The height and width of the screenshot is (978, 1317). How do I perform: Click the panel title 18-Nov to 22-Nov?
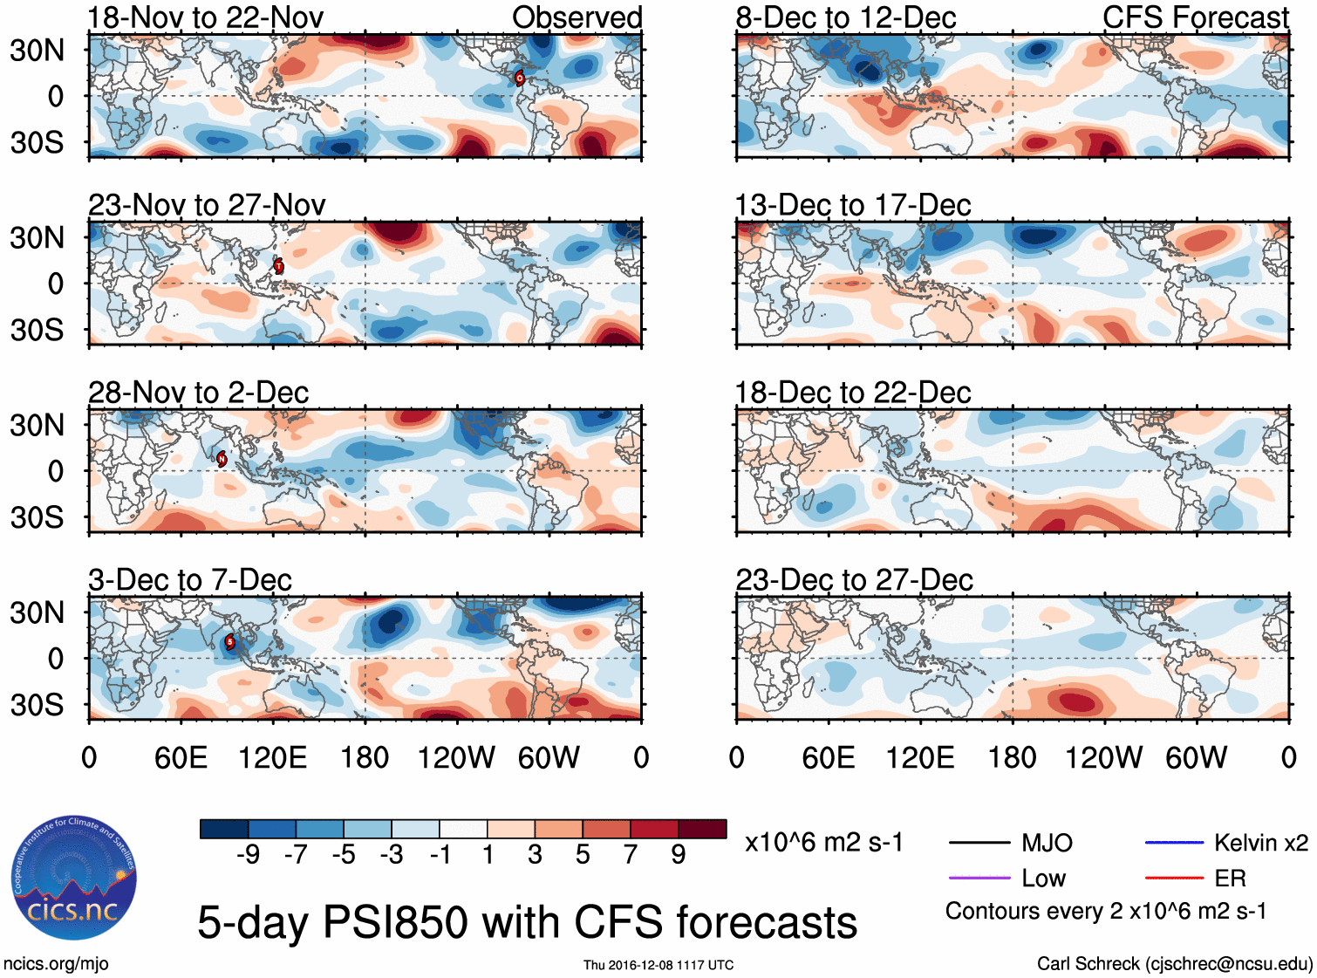pos(206,17)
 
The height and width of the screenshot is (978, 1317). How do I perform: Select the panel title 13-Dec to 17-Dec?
pos(853,205)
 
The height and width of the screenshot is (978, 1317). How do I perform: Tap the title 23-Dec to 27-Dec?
pos(854,580)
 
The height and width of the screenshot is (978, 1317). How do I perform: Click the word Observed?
pos(577,17)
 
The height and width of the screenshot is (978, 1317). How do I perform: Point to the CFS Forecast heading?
pos(1195,17)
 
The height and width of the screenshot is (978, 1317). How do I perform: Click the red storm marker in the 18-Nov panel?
pos(520,79)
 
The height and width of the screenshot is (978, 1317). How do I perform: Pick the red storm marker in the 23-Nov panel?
pos(278,266)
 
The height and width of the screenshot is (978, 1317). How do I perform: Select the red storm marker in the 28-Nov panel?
pos(222,459)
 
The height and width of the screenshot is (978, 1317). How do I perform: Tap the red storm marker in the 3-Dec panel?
pos(230,643)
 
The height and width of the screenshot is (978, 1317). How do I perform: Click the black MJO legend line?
pos(979,843)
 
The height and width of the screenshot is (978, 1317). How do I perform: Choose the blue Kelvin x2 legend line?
pos(1174,843)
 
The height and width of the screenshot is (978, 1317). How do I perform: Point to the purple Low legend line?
pos(979,878)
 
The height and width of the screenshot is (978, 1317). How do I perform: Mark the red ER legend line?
pos(1174,878)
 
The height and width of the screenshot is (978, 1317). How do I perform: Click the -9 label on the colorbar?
pos(248,855)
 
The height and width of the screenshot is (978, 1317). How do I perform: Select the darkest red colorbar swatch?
pos(702,829)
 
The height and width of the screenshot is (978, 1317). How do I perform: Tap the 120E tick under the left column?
pos(273,757)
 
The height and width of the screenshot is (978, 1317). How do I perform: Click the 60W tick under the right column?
pos(1196,757)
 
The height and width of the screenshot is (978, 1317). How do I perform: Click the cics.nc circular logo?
pos(74,879)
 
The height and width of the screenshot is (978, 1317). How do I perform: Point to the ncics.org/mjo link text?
pos(56,964)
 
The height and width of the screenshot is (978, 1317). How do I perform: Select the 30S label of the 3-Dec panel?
pos(37,705)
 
